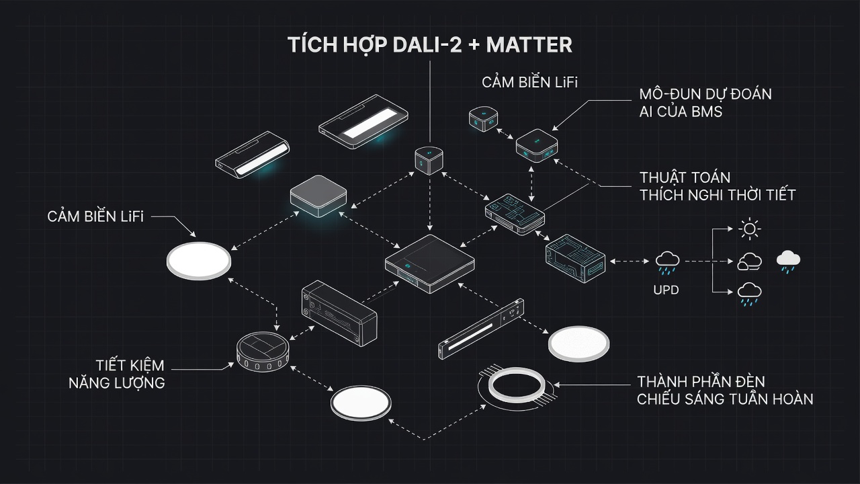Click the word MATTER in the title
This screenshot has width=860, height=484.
coord(529,45)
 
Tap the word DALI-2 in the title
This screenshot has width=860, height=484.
coord(427,45)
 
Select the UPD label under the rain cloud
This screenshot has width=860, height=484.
coord(666,290)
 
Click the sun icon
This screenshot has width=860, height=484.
coord(749,229)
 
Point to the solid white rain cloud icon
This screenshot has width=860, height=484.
coord(788,262)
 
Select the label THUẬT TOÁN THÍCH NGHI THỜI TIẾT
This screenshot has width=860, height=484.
coord(717,186)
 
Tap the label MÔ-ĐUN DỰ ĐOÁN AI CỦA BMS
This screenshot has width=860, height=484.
coord(705,103)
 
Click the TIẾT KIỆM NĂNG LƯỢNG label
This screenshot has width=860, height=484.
coord(117,374)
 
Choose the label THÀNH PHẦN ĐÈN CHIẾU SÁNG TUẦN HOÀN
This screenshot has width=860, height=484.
coord(725,391)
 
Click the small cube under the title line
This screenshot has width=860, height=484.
coord(429,160)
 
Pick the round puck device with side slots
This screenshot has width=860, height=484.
coord(263,352)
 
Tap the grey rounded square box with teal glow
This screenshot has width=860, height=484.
coord(318,196)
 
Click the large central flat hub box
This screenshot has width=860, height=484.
coord(429,264)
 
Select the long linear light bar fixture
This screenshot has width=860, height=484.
coord(481,329)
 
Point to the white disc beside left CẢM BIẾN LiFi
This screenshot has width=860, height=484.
coord(199,261)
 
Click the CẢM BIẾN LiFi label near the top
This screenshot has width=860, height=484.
coord(529,82)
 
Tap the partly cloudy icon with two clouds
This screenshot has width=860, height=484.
coord(749,261)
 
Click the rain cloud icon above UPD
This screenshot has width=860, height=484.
coord(668,263)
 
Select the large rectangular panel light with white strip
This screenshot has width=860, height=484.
coord(363,122)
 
